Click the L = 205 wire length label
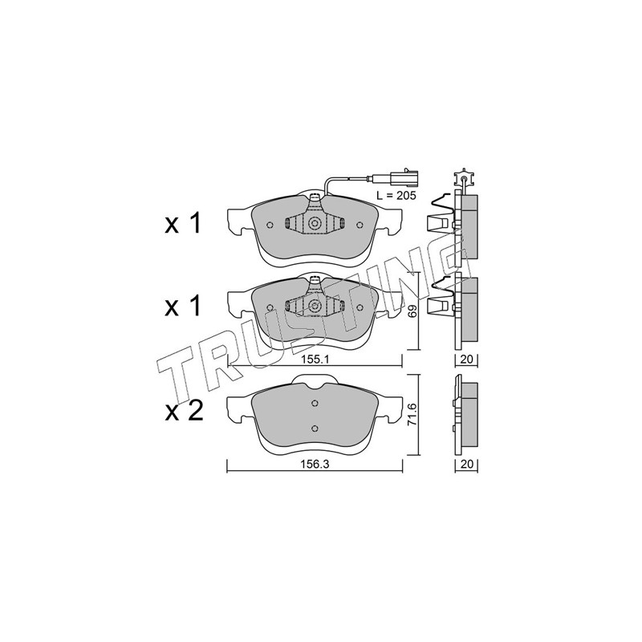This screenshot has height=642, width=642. [x=396, y=196]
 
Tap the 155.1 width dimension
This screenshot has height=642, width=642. [x=315, y=359]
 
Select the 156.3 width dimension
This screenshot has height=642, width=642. [x=315, y=465]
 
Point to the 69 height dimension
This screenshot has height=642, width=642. [x=412, y=311]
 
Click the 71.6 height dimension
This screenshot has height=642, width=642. [x=412, y=414]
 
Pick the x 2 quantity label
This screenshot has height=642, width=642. [x=184, y=411]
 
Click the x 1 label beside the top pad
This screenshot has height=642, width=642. [x=183, y=224]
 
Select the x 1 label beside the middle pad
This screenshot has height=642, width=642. [x=183, y=307]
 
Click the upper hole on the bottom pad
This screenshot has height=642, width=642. [x=315, y=404]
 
